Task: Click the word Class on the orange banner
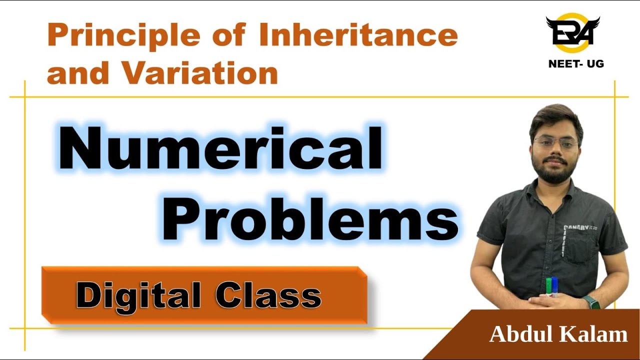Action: point(268,295)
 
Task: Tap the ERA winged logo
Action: point(572,32)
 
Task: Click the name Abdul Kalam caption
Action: point(558,334)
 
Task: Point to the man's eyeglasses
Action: point(555,143)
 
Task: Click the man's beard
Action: point(555,172)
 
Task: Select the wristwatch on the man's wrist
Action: point(591,301)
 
